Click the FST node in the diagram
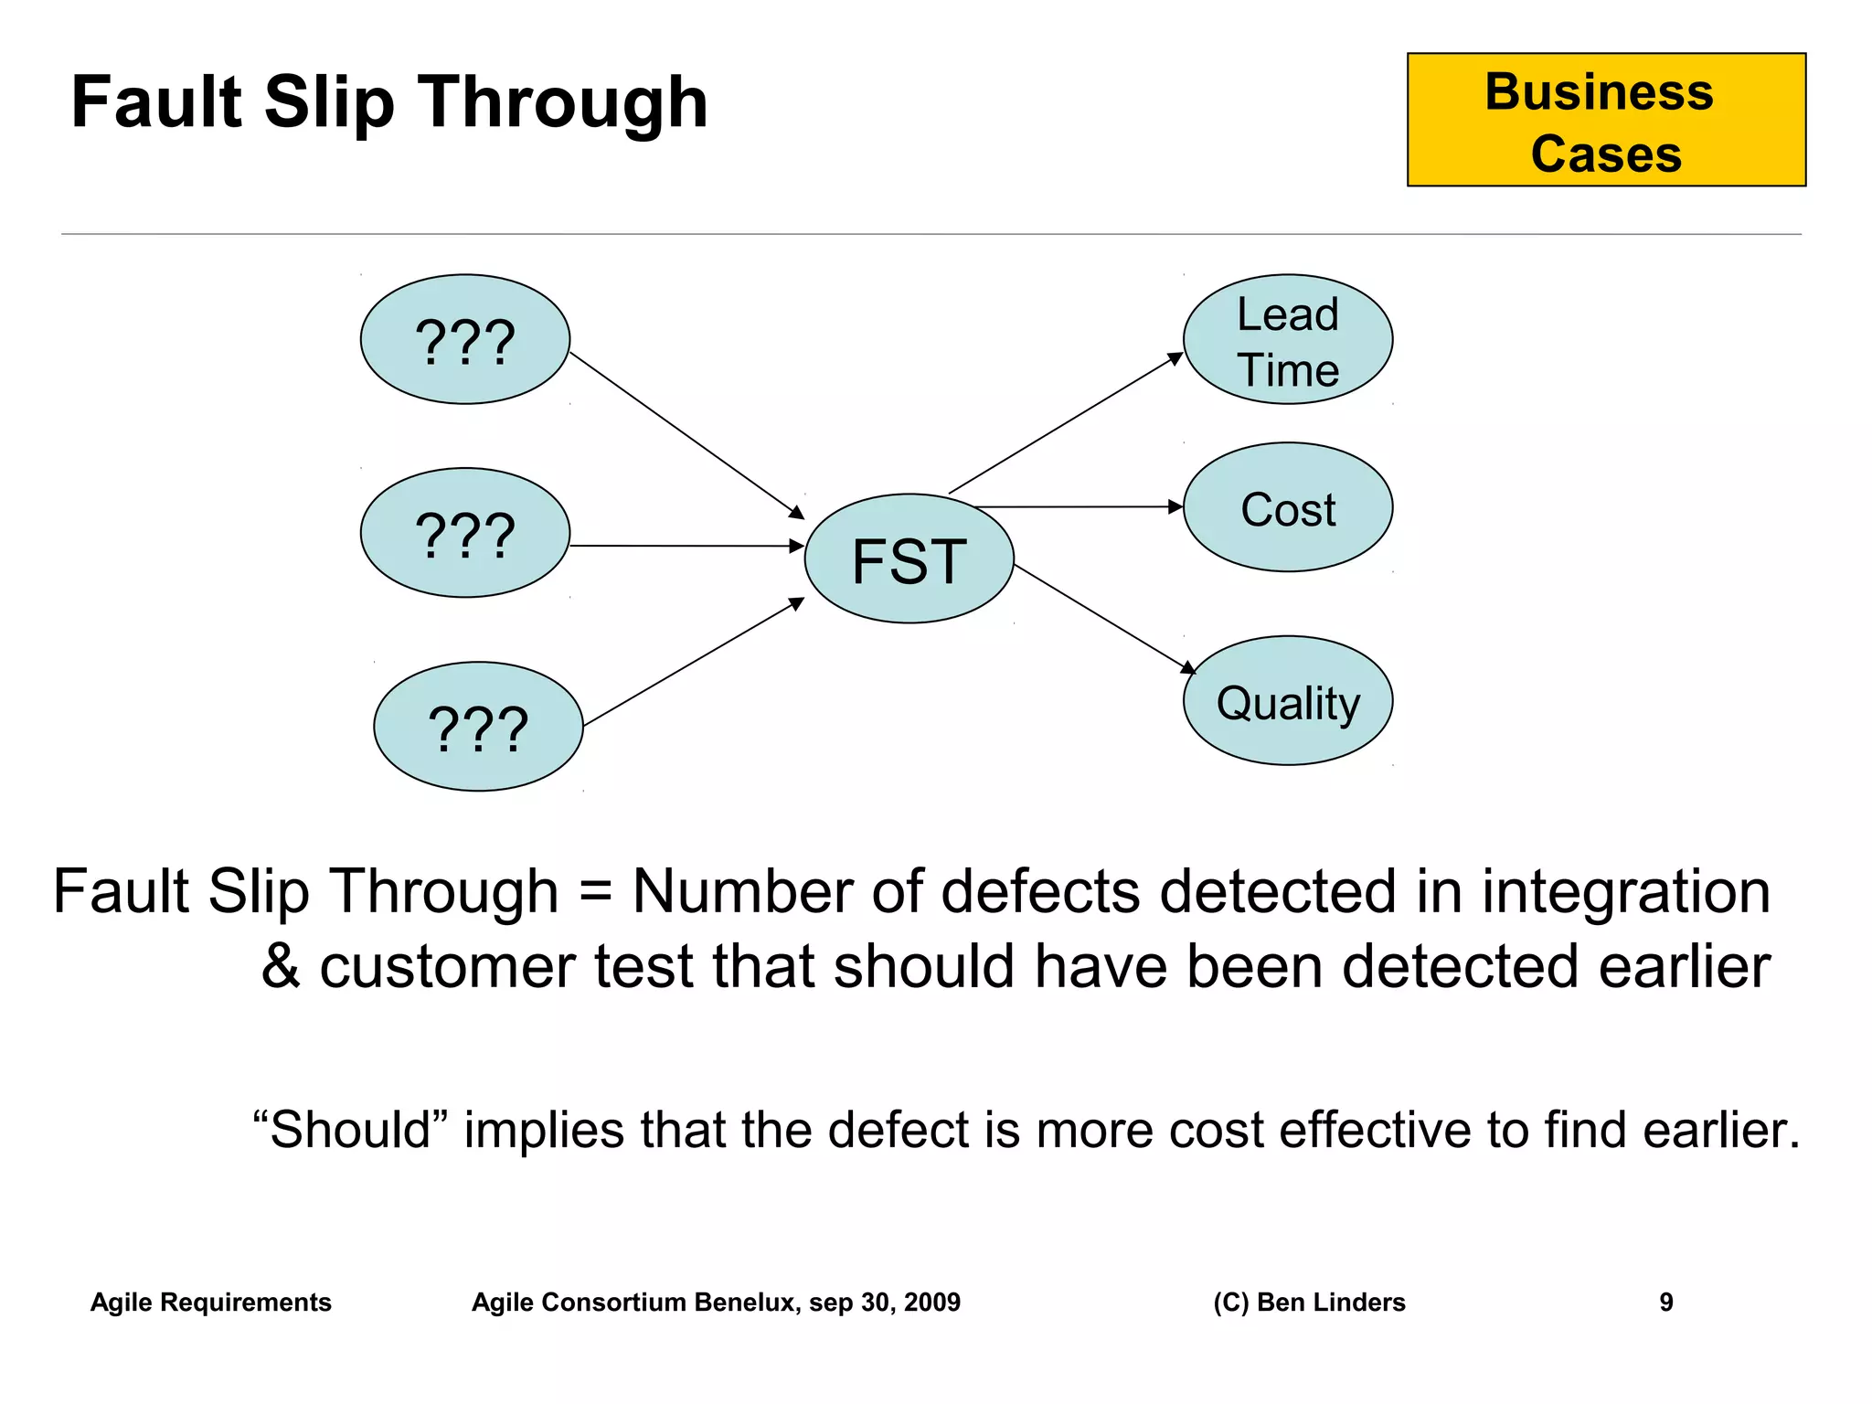click(909, 559)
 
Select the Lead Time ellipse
click(1287, 340)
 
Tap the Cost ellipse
click(1287, 508)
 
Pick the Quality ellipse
click(1287, 701)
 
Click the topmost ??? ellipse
click(464, 340)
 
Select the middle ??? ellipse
click(464, 534)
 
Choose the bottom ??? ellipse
click(478, 727)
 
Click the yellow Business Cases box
click(1606, 121)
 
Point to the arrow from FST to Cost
click(1079, 506)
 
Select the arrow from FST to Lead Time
click(1065, 424)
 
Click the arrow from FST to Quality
click(1101, 618)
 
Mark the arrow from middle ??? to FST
click(686, 546)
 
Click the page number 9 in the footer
click(1665, 1302)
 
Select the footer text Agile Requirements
click(210, 1302)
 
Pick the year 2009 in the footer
click(931, 1302)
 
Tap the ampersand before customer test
click(280, 967)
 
